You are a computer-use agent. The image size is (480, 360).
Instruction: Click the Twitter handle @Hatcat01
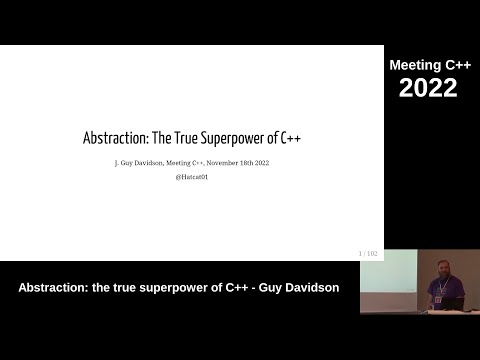[192, 177]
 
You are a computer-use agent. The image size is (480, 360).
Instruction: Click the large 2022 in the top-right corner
[428, 88]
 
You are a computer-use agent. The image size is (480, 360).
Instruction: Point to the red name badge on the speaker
[436, 290]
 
